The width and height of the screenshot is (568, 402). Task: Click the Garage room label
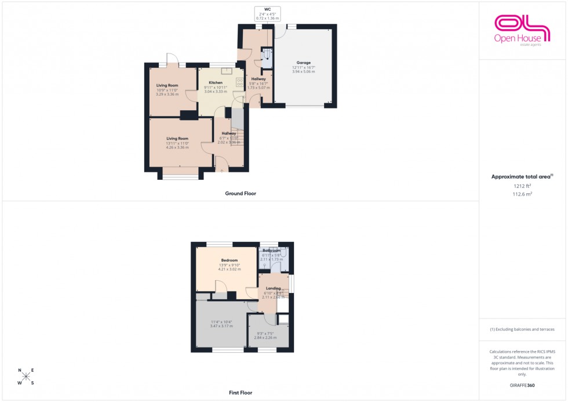(304, 63)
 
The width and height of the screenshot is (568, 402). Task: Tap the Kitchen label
(216, 82)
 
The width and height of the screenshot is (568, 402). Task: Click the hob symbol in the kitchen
(239, 82)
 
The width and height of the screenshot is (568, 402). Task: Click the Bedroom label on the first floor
(229, 260)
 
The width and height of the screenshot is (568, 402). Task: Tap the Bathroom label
(271, 251)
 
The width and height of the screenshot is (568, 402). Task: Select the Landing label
(273, 288)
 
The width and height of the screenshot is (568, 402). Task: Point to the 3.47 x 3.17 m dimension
(221, 326)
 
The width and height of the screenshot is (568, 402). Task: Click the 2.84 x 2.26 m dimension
(267, 338)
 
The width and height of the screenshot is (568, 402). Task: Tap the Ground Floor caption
(241, 194)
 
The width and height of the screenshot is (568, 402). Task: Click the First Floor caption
(241, 393)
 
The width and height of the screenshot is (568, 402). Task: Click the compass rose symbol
(26, 376)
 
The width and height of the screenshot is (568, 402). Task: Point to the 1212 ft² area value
(522, 186)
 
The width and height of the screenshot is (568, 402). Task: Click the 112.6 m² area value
(522, 194)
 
